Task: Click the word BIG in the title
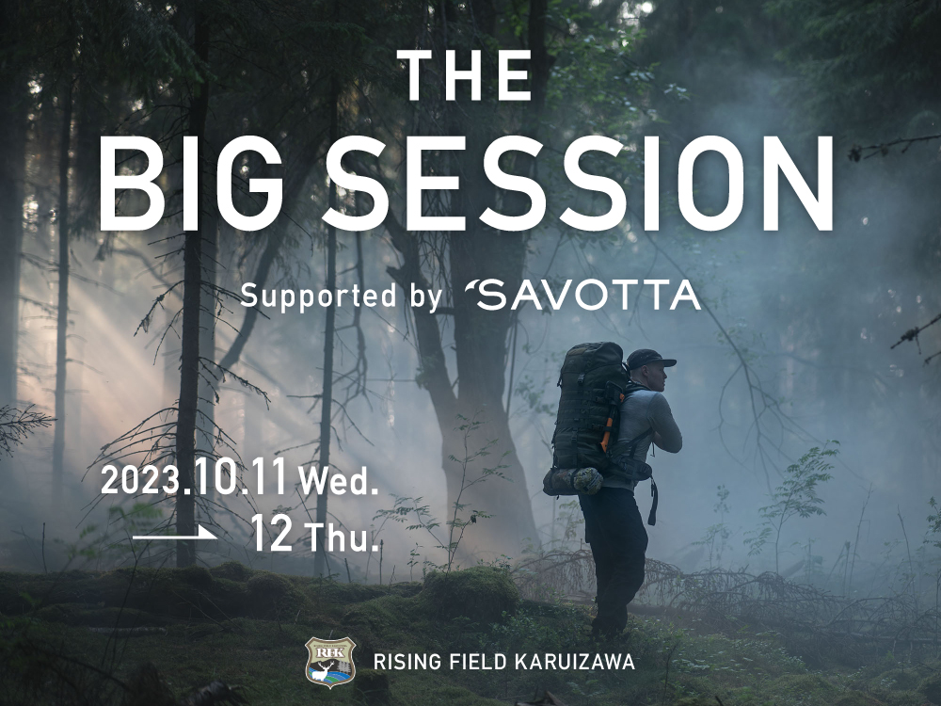192,184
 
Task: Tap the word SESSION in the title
579,184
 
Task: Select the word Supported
319,296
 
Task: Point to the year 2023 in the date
140,480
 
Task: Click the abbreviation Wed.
339,481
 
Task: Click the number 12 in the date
272,533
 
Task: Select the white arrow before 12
175,534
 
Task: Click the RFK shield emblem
330,662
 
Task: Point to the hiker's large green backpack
588,409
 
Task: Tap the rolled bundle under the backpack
573,481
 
